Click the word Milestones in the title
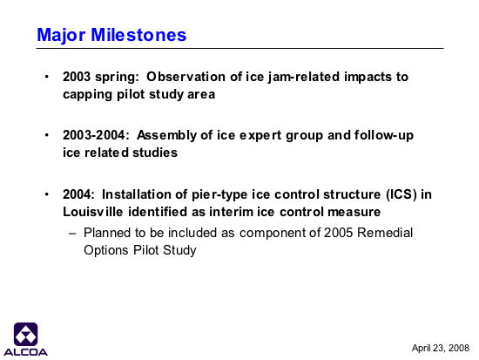tap(138, 35)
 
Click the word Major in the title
tap(61, 36)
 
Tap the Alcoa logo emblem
tap(25, 334)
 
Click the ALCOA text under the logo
tap(25, 352)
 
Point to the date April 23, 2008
tap(440, 348)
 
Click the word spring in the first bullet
tap(117, 78)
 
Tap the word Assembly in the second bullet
tap(166, 135)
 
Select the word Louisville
tap(93, 212)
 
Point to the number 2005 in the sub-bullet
tap(338, 233)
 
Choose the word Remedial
tap(385, 233)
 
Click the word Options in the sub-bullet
tap(106, 250)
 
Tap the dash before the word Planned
tap(72, 234)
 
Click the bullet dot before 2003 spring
tap(47, 77)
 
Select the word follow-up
tap(384, 135)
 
